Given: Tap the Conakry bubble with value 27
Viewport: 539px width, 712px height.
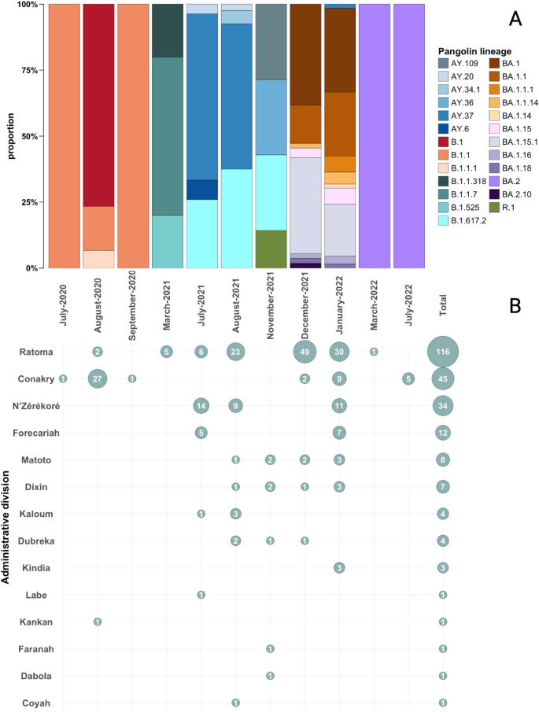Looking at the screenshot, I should pyautogui.click(x=98, y=378).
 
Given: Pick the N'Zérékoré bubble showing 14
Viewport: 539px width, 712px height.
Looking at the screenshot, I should pyautogui.click(x=201, y=406).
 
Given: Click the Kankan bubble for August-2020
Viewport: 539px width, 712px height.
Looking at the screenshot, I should pyautogui.click(x=98, y=622).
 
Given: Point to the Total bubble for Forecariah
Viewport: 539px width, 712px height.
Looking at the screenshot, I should pyautogui.click(x=443, y=433).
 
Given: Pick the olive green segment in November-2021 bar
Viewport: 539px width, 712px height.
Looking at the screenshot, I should pyautogui.click(x=271, y=249).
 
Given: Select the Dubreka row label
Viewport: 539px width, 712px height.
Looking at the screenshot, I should pyautogui.click(x=36, y=540).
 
